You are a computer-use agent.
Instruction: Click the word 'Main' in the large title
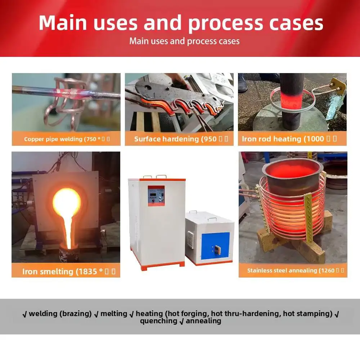pyautogui.click(x=63, y=23)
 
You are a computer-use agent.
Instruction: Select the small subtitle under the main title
pyautogui.click(x=184, y=41)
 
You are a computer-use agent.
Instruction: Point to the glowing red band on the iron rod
pyautogui.click(x=292, y=98)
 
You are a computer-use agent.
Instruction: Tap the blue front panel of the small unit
pyautogui.click(x=215, y=246)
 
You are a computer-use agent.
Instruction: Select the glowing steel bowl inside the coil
pyautogui.click(x=292, y=175)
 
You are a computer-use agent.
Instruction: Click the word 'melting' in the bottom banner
pyautogui.click(x=113, y=314)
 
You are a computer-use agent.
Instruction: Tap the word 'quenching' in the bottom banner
pyautogui.click(x=158, y=321)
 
